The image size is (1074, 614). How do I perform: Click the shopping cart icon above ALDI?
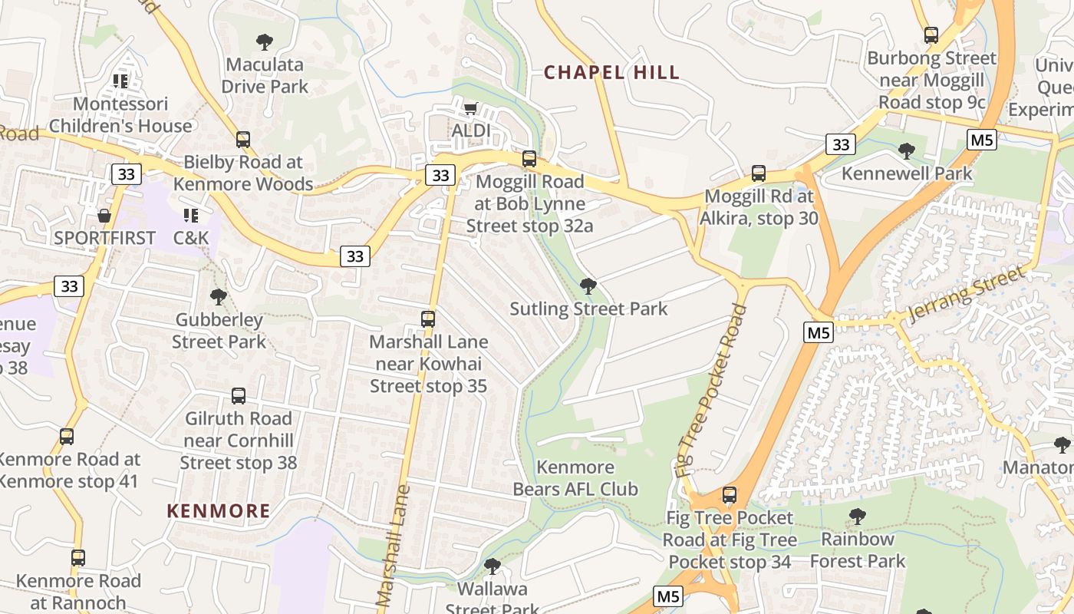pyautogui.click(x=470, y=108)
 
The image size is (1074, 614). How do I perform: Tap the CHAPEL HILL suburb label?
pyautogui.click(x=611, y=73)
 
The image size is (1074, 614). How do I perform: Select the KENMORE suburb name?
pyautogui.click(x=219, y=511)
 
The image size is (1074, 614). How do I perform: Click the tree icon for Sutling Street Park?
pyautogui.click(x=588, y=287)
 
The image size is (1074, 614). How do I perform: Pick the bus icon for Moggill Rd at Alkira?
pyautogui.click(x=759, y=173)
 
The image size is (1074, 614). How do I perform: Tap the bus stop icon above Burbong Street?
pyautogui.click(x=931, y=35)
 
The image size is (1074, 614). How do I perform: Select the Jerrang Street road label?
pyautogui.click(x=966, y=295)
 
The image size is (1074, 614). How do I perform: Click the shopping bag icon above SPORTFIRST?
pyautogui.click(x=104, y=216)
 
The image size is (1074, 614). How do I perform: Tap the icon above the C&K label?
pyautogui.click(x=191, y=216)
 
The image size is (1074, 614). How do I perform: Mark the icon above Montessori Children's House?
pyautogui.click(x=120, y=81)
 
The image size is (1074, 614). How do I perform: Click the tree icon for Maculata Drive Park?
pyautogui.click(x=265, y=41)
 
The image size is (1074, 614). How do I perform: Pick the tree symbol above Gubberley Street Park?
pyautogui.click(x=219, y=297)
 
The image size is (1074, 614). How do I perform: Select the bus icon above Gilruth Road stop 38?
pyautogui.click(x=239, y=396)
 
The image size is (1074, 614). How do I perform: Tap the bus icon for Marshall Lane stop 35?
pyautogui.click(x=428, y=319)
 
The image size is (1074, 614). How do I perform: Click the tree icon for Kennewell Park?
pyautogui.click(x=907, y=151)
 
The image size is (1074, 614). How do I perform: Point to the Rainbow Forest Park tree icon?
pyautogui.click(x=857, y=517)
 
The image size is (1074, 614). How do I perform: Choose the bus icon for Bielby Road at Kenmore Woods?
pyautogui.click(x=243, y=140)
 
